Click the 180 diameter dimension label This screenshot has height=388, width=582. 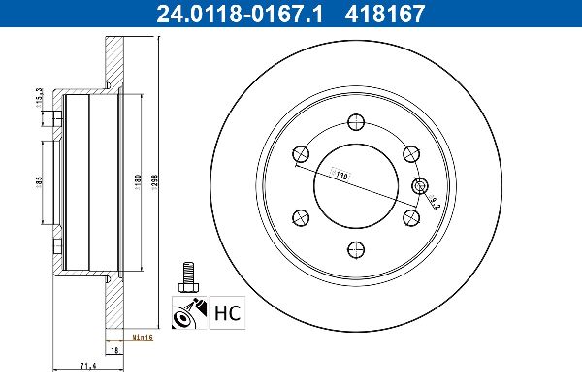tap(138, 179)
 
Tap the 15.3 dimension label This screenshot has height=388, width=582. tap(37, 97)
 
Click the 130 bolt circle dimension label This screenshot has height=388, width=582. tap(340, 173)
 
